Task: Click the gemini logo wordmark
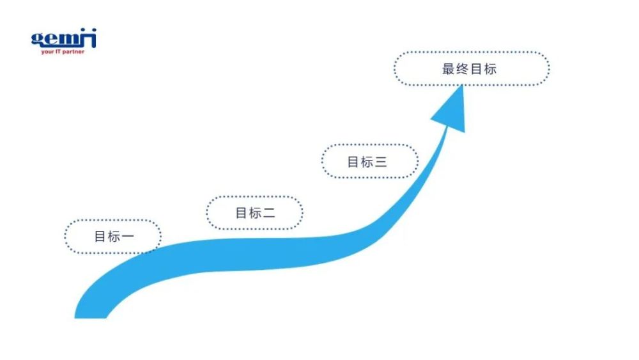coord(64,38)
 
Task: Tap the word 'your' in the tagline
coord(47,52)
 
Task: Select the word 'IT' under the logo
coord(58,52)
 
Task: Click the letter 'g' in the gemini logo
coord(37,39)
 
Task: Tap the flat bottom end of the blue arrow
coord(91,318)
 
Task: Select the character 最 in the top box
coord(449,69)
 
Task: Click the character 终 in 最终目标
coord(463,69)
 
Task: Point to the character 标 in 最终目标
coord(490,69)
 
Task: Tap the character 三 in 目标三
coord(381,162)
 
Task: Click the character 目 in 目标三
coord(353,162)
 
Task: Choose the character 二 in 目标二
coord(269,213)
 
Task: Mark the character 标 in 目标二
coord(255,213)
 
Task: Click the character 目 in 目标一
coord(100,237)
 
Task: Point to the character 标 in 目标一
coord(114,237)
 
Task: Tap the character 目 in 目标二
coord(242,213)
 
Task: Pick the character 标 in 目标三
coord(367,162)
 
